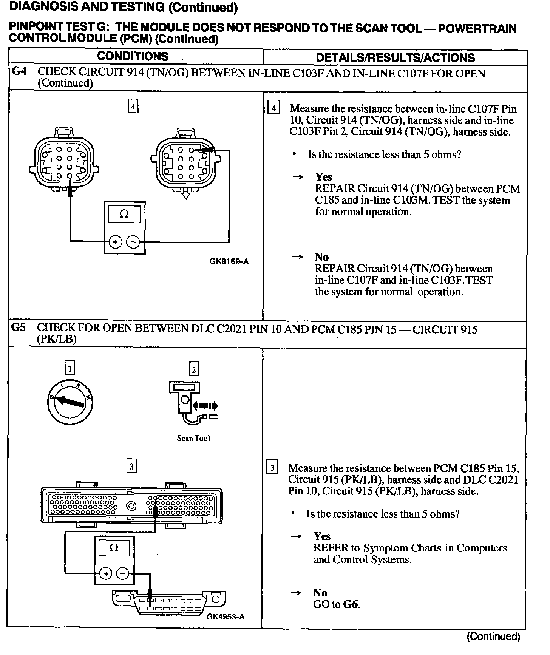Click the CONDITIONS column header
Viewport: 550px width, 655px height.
coord(133,56)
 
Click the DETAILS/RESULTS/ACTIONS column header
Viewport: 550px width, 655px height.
coord(395,57)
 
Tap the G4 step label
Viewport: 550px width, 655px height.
coord(19,71)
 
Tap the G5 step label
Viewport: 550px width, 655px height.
coord(19,327)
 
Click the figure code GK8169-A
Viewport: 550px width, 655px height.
coord(229,261)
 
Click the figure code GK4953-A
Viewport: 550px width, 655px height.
coord(226,617)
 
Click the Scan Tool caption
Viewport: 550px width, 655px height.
coord(193,438)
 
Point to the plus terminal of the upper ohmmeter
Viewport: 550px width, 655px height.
coord(115,242)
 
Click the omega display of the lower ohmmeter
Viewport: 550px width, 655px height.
coord(114,548)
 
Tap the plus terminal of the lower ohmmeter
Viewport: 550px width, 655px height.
coord(105,574)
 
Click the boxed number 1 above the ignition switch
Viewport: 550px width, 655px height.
coord(70,368)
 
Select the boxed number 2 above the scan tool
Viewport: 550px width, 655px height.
coord(193,369)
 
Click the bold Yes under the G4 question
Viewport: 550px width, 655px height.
coord(323,177)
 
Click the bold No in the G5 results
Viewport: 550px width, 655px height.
coord(320,593)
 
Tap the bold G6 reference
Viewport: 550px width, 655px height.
coord(351,604)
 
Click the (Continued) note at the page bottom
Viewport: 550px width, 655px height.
coord(493,637)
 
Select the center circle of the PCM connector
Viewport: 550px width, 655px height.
coord(131,506)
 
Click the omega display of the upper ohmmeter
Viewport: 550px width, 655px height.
coord(124,215)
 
